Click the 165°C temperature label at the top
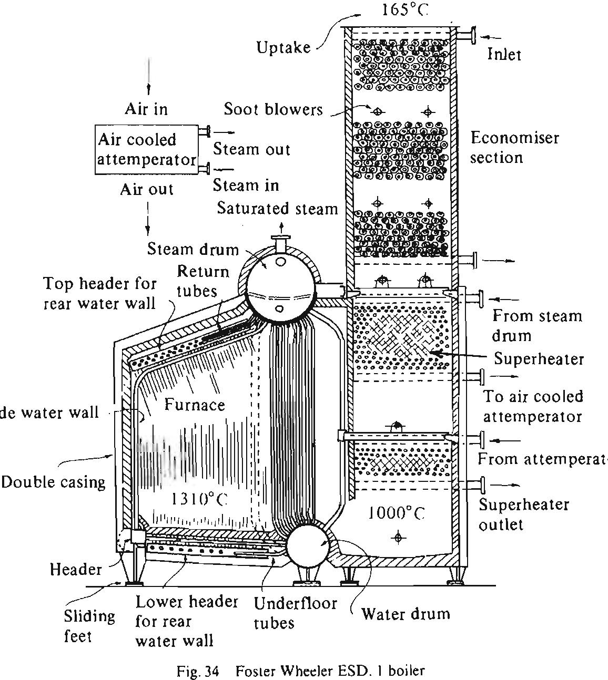pyautogui.click(x=402, y=10)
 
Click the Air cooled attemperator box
pyautogui.click(x=147, y=149)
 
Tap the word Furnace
pyautogui.click(x=195, y=404)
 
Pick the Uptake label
pyautogui.click(x=283, y=47)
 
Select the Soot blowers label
pyautogui.click(x=273, y=109)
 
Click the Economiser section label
pyautogui.click(x=514, y=148)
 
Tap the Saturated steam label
pyautogui.click(x=277, y=209)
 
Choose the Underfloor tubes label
pyautogui.click(x=295, y=613)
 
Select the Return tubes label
pyautogui.click(x=202, y=281)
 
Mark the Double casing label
pyautogui.click(x=53, y=482)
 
